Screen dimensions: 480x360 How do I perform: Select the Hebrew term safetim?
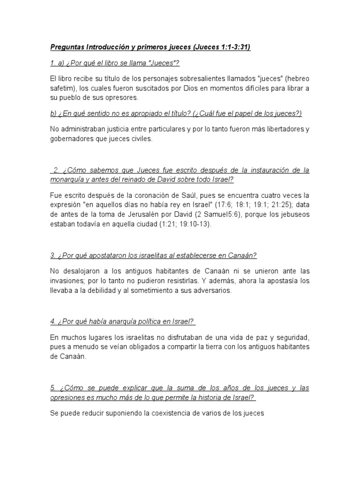(x=63, y=89)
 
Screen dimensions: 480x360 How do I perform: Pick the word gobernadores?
(x=74, y=139)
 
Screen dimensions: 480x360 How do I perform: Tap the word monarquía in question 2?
(x=68, y=180)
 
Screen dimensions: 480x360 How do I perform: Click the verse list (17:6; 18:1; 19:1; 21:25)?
(x=235, y=205)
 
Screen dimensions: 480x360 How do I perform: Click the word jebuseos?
(x=292, y=215)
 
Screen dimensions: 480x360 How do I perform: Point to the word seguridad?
(x=291, y=338)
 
